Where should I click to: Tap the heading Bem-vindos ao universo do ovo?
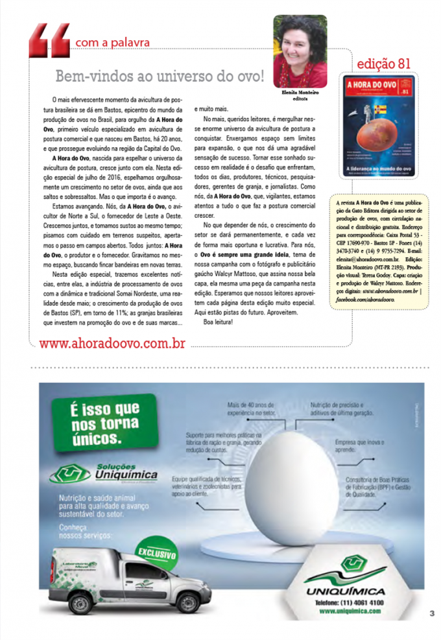(160, 76)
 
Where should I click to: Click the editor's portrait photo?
(300, 51)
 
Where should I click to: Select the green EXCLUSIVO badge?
(156, 555)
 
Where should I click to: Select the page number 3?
(431, 612)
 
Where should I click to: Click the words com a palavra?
(112, 43)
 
